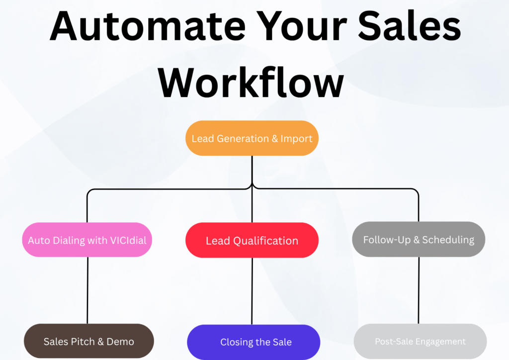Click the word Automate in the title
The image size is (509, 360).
point(148,26)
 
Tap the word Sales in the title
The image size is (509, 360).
point(409,26)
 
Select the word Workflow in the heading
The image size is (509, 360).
point(251,82)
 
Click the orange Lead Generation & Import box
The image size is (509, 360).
point(252,138)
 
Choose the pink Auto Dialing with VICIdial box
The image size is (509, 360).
point(87,240)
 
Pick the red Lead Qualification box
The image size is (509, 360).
point(252,240)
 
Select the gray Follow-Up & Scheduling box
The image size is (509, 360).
point(419,239)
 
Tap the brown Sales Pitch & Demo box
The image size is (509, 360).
point(88,341)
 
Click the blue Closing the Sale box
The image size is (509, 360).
point(254,342)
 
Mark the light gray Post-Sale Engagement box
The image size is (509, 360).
point(420,341)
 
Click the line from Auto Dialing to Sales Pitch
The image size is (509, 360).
point(87,290)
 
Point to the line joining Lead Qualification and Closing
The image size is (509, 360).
point(252,291)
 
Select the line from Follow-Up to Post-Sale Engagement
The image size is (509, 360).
point(419,290)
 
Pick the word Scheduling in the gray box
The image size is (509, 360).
point(448,240)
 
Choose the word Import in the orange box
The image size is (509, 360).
point(296,139)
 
